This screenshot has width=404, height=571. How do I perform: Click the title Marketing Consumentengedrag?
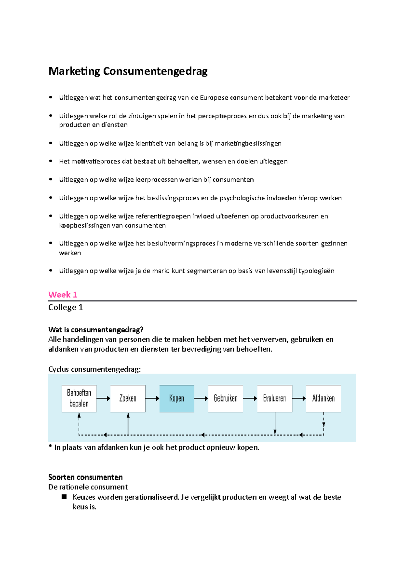click(x=128, y=71)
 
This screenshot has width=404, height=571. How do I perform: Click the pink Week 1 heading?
click(x=63, y=295)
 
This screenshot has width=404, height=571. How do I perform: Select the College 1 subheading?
click(x=66, y=307)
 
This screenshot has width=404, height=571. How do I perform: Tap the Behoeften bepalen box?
click(x=79, y=398)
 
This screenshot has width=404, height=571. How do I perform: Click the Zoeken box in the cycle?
click(x=128, y=398)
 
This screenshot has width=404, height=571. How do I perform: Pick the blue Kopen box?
click(x=177, y=398)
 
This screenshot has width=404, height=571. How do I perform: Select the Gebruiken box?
click(x=226, y=398)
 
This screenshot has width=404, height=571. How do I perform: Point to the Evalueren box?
click(x=274, y=398)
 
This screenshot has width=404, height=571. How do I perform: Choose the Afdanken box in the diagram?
click(x=323, y=398)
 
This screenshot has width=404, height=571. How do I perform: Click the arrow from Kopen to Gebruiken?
click(x=201, y=398)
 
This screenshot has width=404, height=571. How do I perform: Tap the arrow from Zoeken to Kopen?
click(x=152, y=398)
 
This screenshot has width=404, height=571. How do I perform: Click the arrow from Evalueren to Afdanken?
click(x=299, y=398)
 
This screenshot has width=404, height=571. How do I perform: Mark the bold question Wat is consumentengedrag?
click(x=96, y=329)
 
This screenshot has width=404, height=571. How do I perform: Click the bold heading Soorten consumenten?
click(x=86, y=477)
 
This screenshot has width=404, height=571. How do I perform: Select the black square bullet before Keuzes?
click(x=64, y=497)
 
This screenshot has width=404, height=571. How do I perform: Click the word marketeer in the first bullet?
click(x=334, y=98)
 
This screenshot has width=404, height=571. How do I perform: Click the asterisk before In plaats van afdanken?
click(x=50, y=447)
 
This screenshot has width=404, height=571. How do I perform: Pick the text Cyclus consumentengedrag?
click(x=95, y=369)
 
